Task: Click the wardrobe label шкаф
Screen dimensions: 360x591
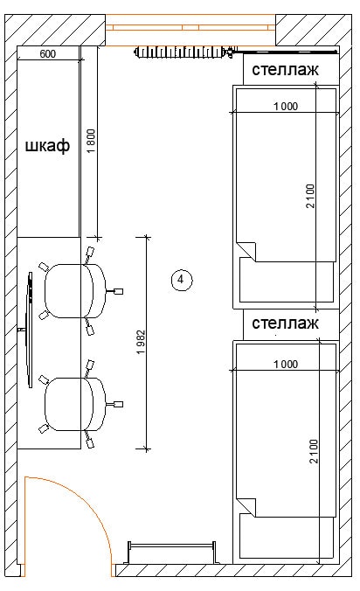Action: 47,145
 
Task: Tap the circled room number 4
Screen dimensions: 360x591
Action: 182,280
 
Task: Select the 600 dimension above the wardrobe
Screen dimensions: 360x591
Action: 48,54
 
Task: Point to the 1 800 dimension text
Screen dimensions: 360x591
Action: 91,141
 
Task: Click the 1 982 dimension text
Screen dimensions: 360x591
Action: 141,342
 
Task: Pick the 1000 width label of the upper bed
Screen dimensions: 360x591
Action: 286,107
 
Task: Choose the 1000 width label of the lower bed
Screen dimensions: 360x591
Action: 286,364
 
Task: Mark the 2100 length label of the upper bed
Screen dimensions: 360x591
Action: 310,196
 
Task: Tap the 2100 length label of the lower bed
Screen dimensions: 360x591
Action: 314,451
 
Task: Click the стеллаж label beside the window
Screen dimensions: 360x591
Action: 285,70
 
